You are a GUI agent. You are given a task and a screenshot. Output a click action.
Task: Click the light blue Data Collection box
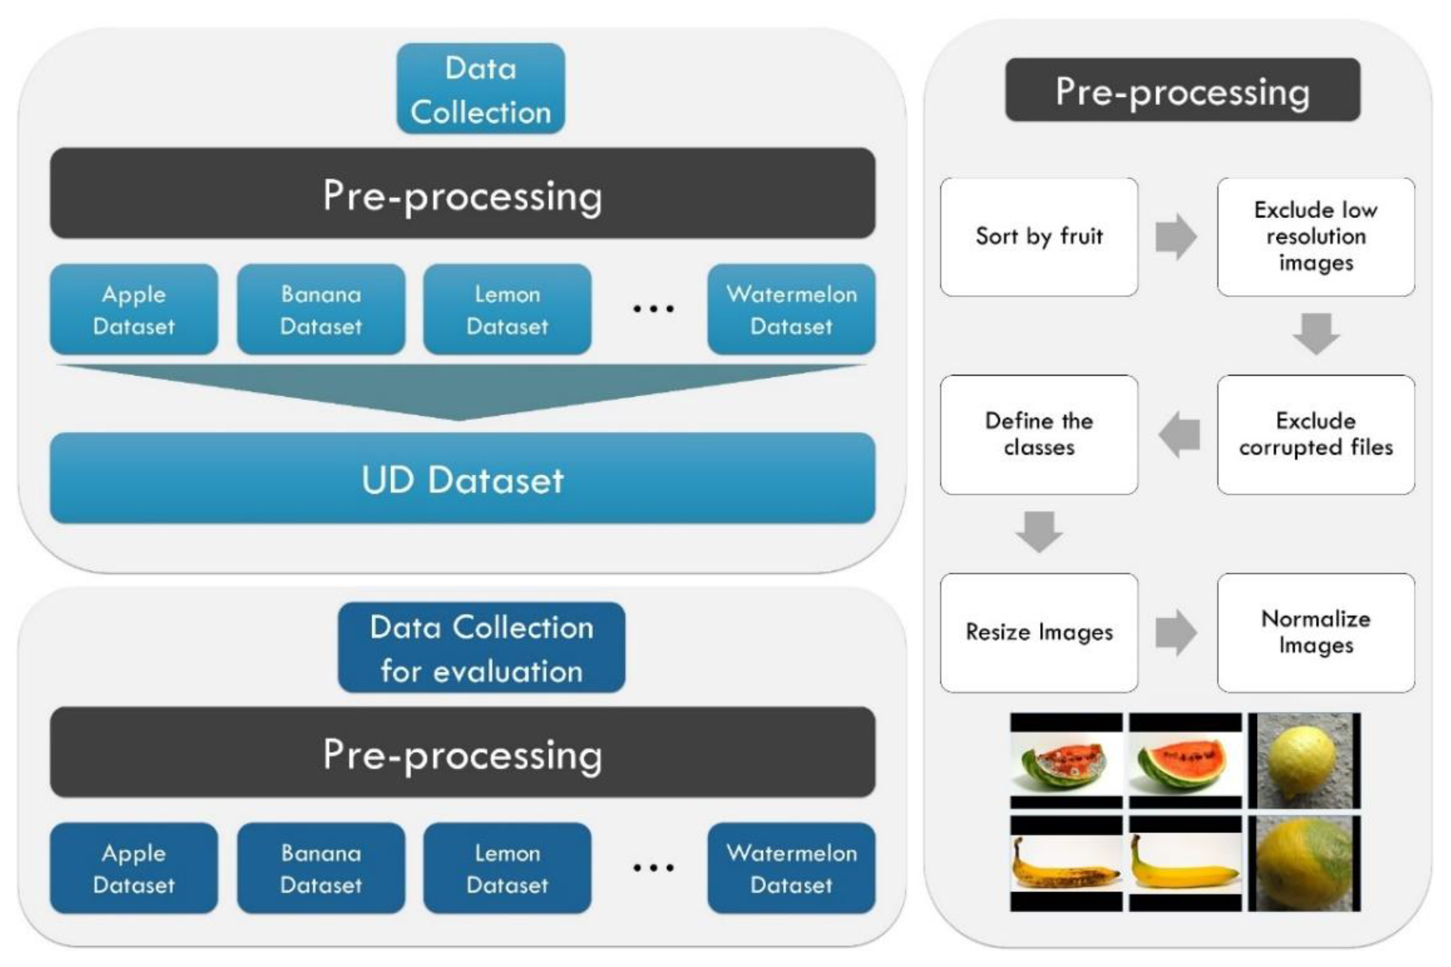(x=480, y=89)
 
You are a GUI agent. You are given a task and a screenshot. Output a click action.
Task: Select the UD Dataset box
(x=462, y=479)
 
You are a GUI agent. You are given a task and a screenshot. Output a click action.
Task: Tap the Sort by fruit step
(x=1039, y=237)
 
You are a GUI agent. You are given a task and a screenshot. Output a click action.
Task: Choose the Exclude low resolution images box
(x=1315, y=237)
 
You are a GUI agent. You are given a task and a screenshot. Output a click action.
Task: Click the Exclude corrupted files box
(x=1315, y=434)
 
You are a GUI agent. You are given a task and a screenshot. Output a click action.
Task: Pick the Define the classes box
(x=1039, y=434)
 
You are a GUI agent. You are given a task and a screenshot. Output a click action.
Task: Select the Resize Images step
(x=1039, y=632)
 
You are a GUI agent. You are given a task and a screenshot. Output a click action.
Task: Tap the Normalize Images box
(x=1315, y=632)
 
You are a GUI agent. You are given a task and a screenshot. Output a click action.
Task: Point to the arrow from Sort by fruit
(x=1176, y=237)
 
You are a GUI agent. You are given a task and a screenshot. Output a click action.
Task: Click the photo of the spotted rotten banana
(x=1066, y=863)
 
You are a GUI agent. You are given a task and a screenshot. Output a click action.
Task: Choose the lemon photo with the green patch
(x=1304, y=863)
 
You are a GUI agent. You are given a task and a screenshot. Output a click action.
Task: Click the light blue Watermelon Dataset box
(x=791, y=310)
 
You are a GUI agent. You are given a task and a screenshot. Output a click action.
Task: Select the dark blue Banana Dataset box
(x=321, y=869)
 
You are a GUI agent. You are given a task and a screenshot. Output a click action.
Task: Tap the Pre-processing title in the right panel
(x=1182, y=91)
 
